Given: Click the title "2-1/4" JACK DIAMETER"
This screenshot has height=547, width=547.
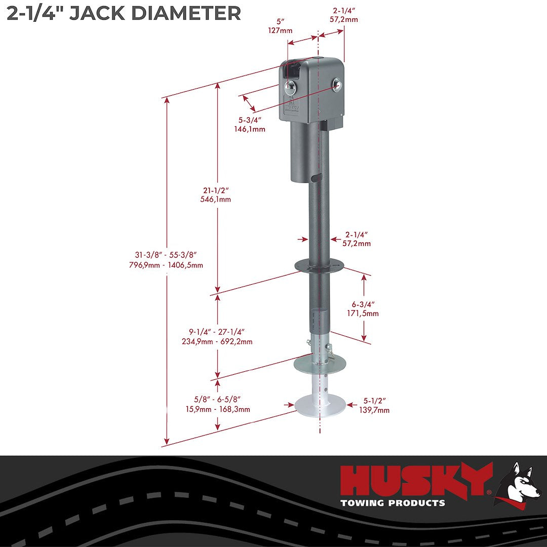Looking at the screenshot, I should click(124, 13).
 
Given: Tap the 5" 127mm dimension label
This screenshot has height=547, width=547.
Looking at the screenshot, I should click(280, 26).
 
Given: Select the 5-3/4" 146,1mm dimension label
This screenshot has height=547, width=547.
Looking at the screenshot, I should click(252, 125).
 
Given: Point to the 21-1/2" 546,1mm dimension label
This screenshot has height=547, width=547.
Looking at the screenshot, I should click(215, 194).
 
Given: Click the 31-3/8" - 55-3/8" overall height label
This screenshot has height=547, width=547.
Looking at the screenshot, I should click(166, 261).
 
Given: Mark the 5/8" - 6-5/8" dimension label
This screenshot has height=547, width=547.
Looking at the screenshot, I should click(217, 405).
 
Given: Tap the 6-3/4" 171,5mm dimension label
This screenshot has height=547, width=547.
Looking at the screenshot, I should click(365, 309).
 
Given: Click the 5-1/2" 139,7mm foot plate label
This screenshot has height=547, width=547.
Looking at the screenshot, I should click(374, 406).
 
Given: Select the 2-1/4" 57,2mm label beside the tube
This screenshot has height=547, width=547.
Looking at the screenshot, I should click(357, 239).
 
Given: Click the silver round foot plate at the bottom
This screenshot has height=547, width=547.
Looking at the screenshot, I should click(320, 405).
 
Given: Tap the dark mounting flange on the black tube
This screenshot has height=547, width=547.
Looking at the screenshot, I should click(319, 264).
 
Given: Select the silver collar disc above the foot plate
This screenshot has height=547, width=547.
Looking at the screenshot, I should click(320, 363).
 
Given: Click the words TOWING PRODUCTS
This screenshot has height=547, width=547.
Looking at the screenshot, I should click(393, 503).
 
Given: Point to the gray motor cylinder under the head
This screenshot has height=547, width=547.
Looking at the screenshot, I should click(303, 152).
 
